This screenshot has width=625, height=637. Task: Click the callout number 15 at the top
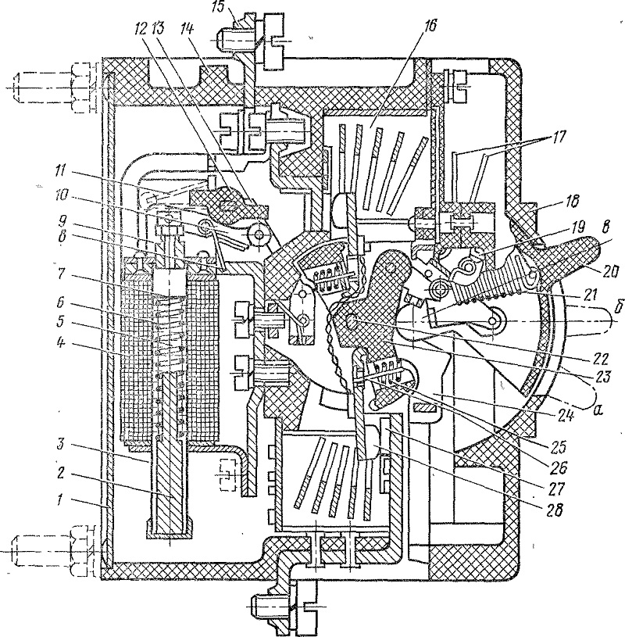click(219, 8)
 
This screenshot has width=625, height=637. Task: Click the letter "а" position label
click(596, 411)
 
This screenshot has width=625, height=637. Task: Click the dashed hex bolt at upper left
click(55, 88)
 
